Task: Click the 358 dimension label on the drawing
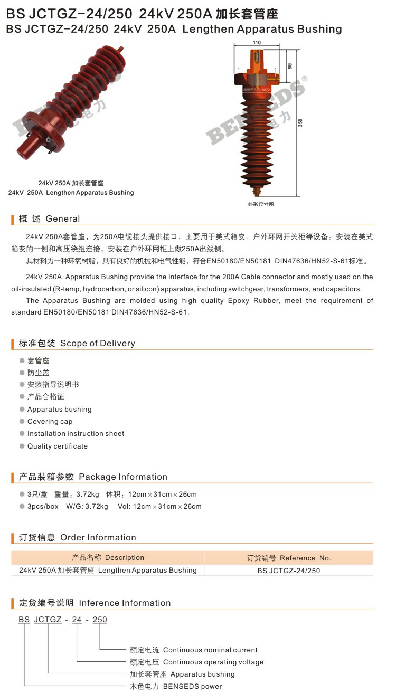300,122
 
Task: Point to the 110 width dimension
257,42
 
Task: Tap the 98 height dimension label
290,66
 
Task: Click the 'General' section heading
63,218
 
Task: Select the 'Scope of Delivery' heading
98,343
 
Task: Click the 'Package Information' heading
123,477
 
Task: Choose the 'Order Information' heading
98,537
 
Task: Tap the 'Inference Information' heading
125,603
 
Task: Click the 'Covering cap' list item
50,421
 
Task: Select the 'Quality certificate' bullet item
58,446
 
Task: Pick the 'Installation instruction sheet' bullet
76,433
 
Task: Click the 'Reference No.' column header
305,558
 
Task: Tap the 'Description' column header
125,557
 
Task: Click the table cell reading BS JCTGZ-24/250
289,571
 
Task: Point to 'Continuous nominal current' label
210,650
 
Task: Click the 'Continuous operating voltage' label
213,662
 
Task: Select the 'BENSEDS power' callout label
192,686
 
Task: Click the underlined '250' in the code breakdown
100,620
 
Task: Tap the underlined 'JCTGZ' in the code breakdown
48,620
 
